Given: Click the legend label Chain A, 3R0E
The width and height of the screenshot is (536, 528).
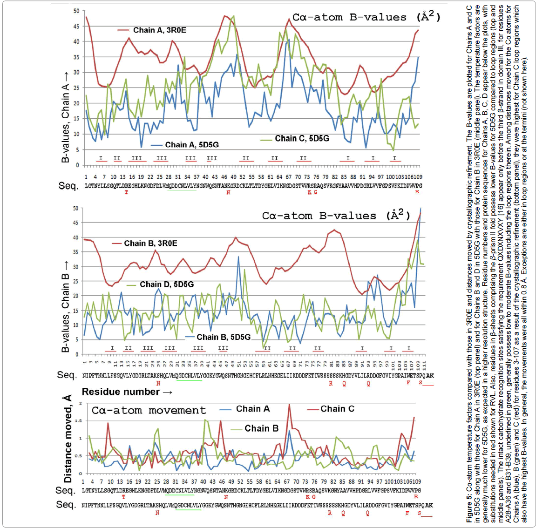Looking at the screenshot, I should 159,30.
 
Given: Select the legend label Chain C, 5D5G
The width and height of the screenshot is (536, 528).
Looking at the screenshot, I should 302,138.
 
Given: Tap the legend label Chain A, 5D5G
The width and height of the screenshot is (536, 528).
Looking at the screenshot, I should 191,145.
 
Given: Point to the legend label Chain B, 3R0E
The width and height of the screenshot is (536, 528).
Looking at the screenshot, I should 150,244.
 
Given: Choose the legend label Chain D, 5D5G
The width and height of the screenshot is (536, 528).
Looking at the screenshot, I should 167,284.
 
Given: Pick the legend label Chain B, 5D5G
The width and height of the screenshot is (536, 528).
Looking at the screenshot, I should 224,337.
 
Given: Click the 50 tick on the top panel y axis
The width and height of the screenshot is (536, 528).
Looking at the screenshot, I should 76,11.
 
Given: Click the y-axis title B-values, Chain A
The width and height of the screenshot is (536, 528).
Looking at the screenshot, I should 65,116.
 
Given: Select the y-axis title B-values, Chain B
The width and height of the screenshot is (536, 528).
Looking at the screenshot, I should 65,312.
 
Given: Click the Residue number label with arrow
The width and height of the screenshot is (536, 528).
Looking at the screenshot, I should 127,392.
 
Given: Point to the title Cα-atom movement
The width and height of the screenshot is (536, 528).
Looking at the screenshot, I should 149,411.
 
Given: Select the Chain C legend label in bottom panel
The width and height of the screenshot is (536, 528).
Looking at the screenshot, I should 337,409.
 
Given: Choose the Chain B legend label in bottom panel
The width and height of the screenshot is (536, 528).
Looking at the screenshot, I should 261,428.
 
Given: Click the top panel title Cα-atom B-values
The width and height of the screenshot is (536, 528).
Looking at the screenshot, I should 366,18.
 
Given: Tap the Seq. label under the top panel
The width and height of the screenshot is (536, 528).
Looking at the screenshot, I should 68,186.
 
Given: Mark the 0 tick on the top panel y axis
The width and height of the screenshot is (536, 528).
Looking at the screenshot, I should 77,165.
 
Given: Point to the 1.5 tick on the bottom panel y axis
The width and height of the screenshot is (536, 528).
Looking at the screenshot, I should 79,421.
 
